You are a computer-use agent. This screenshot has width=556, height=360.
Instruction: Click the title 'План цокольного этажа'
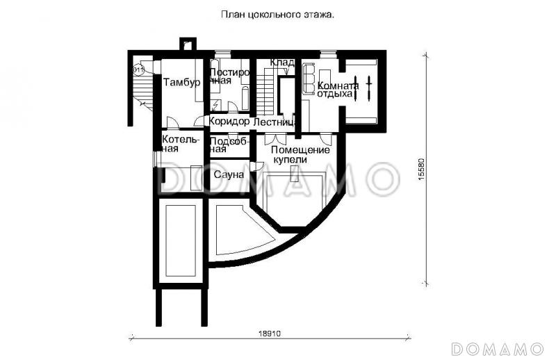point(277,13)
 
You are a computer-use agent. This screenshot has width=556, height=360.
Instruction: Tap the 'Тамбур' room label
point(182,82)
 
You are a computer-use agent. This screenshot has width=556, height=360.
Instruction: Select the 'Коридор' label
point(229,122)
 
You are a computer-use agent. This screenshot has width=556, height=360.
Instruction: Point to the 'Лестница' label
point(275,122)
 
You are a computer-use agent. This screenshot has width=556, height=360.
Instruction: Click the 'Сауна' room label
point(229,174)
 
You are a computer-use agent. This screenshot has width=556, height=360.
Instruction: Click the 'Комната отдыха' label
point(338,90)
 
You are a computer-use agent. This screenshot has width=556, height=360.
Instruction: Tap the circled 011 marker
point(138,69)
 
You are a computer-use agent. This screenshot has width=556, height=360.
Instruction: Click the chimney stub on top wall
point(187,44)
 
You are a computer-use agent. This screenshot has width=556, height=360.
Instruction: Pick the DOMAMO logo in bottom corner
point(496,347)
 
